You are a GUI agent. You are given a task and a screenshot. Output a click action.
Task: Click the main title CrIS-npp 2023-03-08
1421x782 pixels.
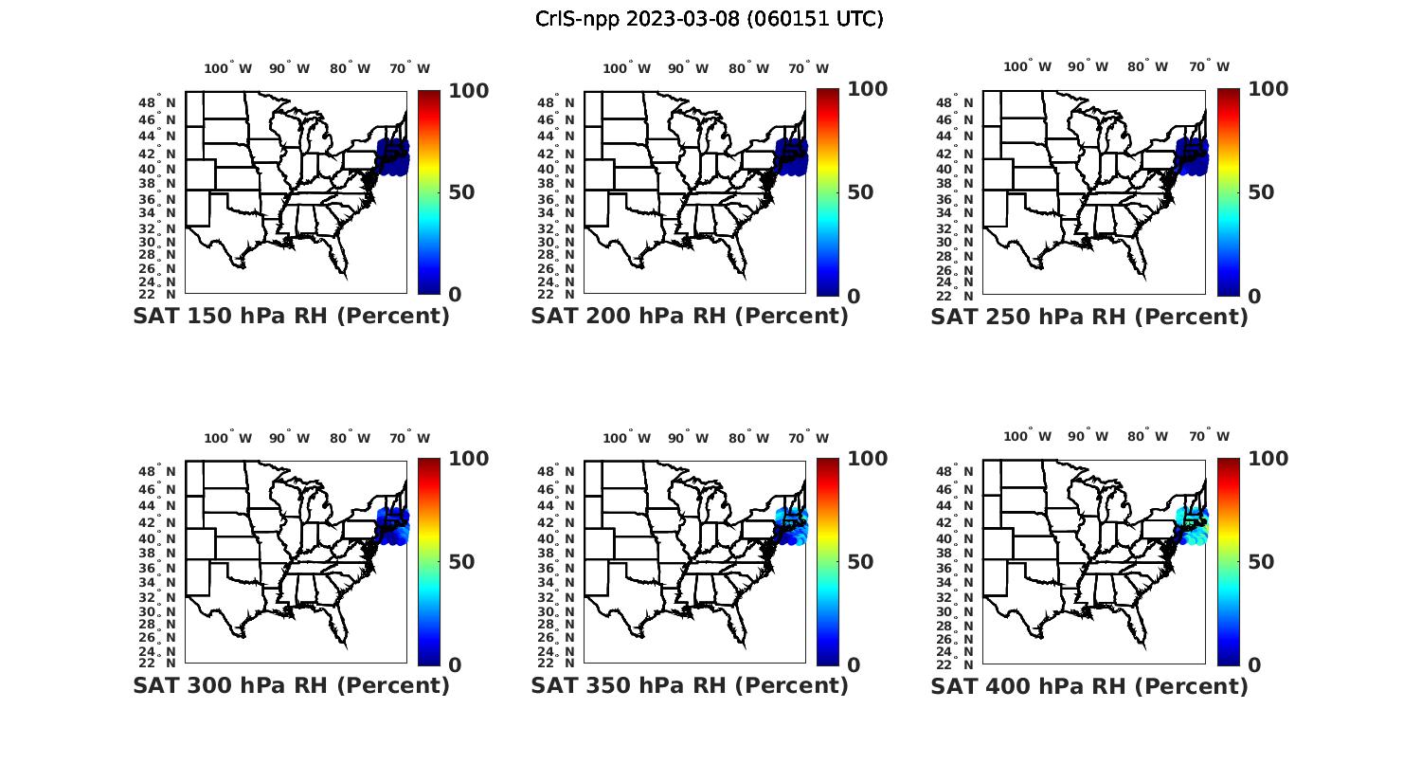click(709, 19)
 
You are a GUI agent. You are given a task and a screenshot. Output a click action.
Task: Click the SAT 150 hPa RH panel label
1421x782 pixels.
click(291, 317)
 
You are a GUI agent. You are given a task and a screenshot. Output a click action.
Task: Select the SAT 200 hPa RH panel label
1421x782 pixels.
click(690, 317)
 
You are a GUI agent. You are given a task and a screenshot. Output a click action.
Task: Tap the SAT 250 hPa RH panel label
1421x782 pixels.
click(1089, 317)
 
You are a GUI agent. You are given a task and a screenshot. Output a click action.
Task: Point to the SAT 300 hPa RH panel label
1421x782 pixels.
click(291, 685)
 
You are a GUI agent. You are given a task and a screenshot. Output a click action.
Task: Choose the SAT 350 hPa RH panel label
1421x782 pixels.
click(690, 685)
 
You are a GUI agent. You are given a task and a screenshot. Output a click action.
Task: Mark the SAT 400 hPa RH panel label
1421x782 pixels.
click(1089, 685)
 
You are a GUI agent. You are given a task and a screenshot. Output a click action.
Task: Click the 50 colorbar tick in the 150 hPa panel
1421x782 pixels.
click(461, 192)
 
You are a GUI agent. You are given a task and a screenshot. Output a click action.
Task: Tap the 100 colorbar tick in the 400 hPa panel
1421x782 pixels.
click(1268, 459)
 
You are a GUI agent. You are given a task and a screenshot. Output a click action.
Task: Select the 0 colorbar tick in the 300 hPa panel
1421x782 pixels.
click(455, 665)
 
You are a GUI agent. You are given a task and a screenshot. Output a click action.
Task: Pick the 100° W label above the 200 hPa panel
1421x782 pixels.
click(626, 68)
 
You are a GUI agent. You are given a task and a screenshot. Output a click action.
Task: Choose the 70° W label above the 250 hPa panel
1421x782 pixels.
click(1209, 66)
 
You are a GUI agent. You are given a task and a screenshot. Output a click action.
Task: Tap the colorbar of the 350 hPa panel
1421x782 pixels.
click(828, 561)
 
